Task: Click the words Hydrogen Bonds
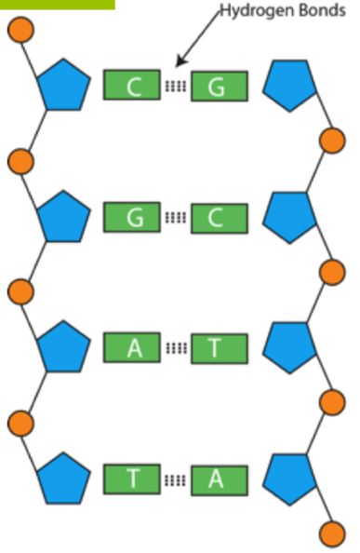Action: (x=283, y=10)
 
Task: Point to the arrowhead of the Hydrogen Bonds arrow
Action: (x=180, y=62)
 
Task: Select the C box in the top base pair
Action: (x=132, y=85)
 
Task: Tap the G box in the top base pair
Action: (x=220, y=87)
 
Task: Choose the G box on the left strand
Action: (x=132, y=217)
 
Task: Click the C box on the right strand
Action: (x=220, y=218)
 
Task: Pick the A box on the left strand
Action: (x=132, y=347)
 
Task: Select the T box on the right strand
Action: (x=220, y=348)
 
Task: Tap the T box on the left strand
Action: (x=132, y=479)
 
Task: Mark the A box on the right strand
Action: (x=220, y=480)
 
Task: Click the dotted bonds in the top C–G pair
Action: (x=176, y=86)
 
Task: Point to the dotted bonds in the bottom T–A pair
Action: (x=176, y=480)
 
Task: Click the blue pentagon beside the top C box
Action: (x=64, y=86)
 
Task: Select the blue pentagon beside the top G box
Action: (x=289, y=86)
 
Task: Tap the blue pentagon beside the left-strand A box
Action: (x=64, y=348)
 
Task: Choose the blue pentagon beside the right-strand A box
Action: (x=289, y=479)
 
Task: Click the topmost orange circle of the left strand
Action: (x=20, y=30)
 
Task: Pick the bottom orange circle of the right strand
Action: (x=332, y=534)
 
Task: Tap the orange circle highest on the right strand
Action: (x=332, y=141)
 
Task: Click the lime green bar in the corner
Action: (x=58, y=5)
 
